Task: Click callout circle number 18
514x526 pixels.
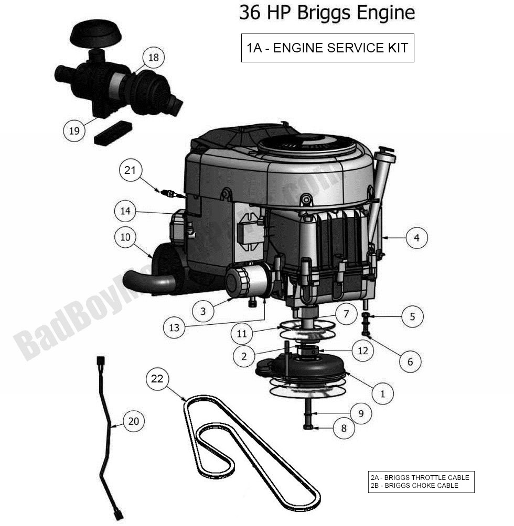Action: pos(153,57)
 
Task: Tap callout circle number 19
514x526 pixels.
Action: pos(74,130)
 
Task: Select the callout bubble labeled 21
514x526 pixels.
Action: pos(130,170)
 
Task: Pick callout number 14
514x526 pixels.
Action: pos(125,212)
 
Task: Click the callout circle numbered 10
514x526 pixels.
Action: pos(125,237)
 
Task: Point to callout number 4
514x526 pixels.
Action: pos(416,237)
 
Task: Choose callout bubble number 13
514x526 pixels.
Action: pos(174,328)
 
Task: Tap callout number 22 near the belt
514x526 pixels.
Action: pos(157,379)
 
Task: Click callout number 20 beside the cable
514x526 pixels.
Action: pos(134,421)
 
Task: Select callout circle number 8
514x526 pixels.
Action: pos(344,428)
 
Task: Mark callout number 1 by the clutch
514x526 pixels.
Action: pos(382,393)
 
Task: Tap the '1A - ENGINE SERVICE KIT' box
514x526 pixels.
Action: pos(327,48)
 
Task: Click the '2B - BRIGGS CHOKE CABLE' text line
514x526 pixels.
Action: pos(414,486)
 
